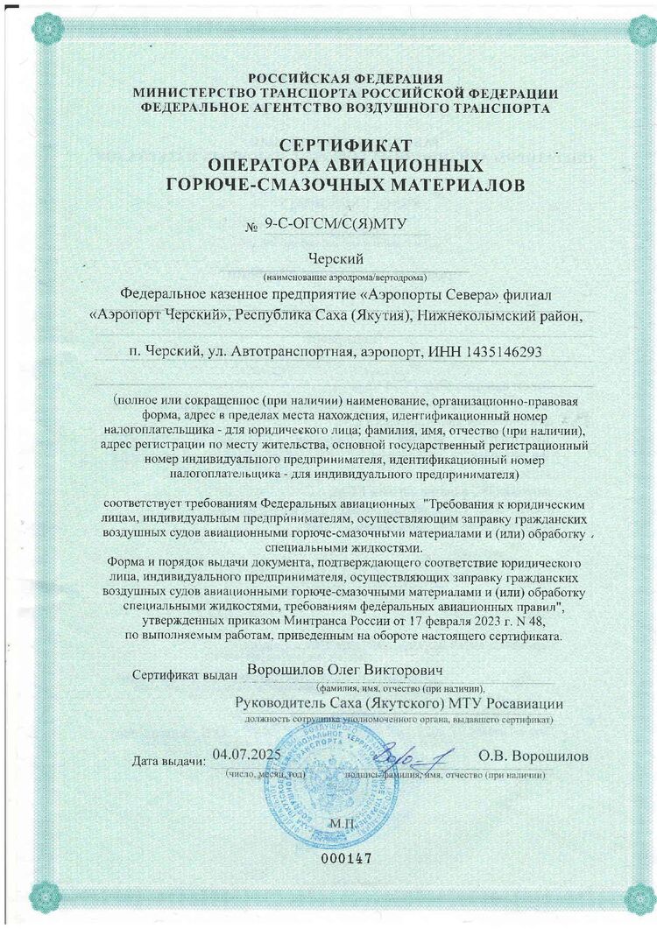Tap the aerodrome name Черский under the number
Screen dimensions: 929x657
(337, 257)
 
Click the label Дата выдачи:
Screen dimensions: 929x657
(168, 758)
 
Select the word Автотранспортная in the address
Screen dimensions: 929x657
(288, 352)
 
